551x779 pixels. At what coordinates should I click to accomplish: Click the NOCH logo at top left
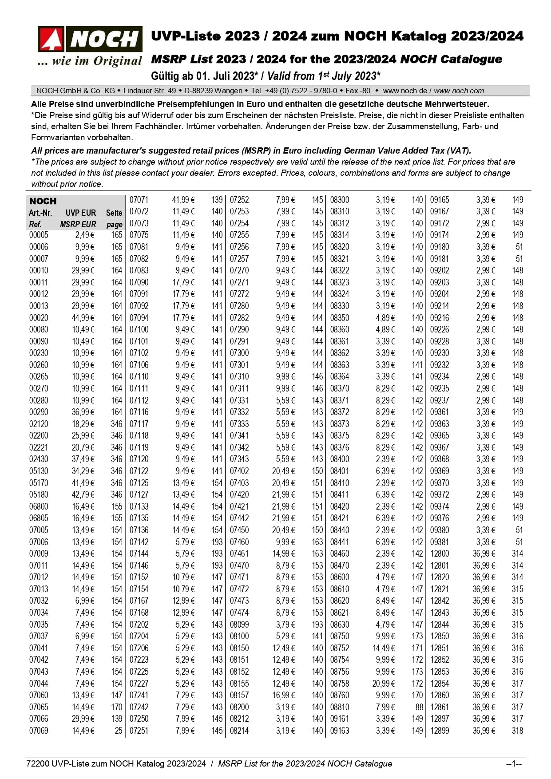point(90,39)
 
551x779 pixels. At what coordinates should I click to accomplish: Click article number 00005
point(39,235)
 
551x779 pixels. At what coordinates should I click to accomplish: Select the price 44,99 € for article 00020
point(83,318)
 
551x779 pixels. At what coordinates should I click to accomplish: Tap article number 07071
point(139,200)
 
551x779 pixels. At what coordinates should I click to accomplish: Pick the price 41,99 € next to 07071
point(183,200)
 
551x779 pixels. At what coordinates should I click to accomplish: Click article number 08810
point(340,707)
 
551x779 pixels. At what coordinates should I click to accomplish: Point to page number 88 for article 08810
point(419,707)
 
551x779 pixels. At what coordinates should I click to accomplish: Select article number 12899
point(440,731)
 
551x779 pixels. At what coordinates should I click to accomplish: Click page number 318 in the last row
point(517,731)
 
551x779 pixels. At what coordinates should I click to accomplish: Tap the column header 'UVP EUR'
point(81,213)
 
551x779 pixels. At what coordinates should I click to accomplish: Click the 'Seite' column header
point(114,213)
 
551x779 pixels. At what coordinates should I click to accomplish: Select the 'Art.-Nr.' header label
point(40,213)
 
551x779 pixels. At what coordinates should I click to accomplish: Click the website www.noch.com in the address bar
point(459,91)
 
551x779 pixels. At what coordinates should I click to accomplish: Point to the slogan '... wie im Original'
point(90,61)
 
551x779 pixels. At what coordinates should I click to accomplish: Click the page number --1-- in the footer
point(514,763)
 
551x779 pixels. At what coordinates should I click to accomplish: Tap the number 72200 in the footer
point(38,763)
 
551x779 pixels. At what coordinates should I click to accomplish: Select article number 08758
point(340,684)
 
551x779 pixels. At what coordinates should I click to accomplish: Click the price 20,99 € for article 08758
point(384,684)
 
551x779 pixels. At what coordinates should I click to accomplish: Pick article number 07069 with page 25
point(39,731)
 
